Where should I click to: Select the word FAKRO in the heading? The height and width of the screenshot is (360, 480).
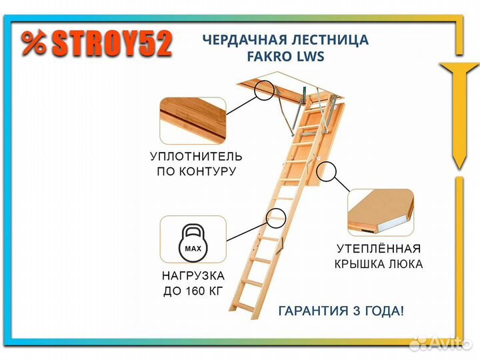(265, 56)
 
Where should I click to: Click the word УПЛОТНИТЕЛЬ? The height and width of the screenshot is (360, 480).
(196, 157)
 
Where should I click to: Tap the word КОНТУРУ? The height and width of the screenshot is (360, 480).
(207, 171)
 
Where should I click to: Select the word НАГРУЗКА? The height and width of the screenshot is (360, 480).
(193, 276)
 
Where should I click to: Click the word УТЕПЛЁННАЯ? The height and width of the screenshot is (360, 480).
(379, 248)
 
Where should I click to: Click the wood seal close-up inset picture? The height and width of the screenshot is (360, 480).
(193, 121)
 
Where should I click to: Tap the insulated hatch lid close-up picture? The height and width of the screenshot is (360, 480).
(381, 213)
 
